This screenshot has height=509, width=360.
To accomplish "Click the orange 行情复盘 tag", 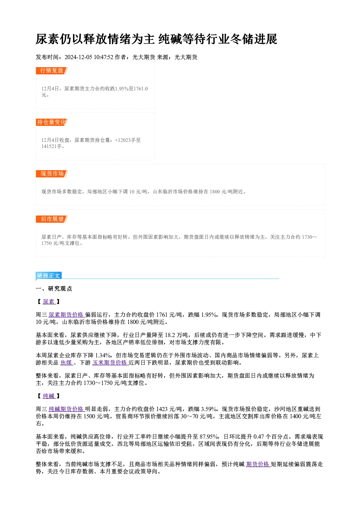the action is tap(52, 71).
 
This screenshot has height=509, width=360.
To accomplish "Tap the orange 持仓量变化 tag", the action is tap(52, 122).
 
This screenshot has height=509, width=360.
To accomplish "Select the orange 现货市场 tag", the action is tap(52, 174).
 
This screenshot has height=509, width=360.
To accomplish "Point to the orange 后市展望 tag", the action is tap(52, 219).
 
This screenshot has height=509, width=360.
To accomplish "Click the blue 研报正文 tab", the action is tap(49, 276).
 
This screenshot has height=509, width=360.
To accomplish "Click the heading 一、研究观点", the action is tap(54, 289).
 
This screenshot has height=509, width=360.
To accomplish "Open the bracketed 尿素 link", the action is tap(49, 302).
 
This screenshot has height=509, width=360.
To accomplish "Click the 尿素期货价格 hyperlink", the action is tap(66, 315).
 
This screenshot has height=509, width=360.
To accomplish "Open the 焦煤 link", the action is tap(66, 363).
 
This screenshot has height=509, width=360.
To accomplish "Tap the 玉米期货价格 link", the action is tap(110, 363).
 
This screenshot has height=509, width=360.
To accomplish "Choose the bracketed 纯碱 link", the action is tap(49, 396).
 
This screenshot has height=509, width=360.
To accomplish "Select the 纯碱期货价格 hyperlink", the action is tap(66, 409).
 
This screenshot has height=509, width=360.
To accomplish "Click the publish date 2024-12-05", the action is tap(78, 57).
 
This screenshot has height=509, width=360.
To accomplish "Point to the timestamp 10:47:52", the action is tap(103, 57).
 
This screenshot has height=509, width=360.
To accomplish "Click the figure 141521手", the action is tap(52, 147).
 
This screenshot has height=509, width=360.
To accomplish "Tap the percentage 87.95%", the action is tap(209, 437).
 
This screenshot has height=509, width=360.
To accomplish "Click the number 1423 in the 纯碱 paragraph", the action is tap(162, 409).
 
